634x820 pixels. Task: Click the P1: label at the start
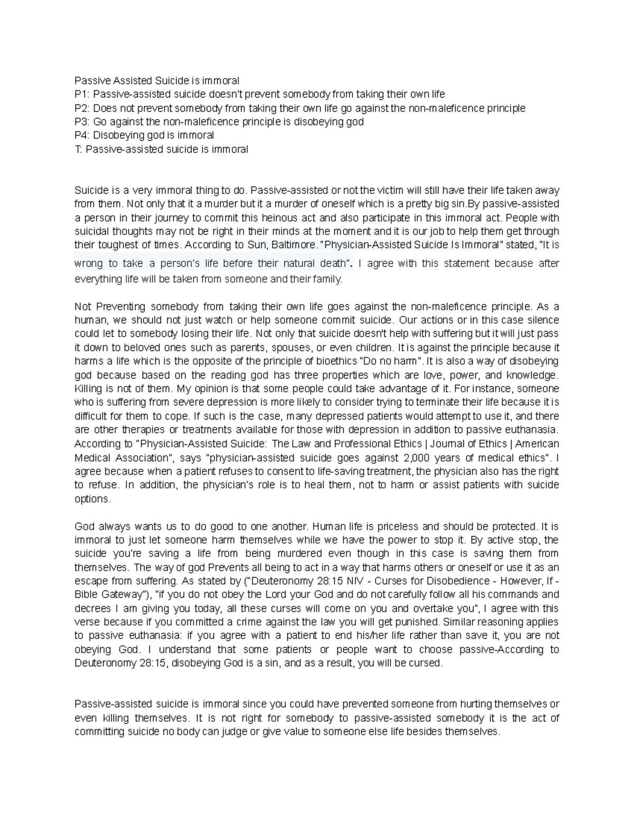tap(82, 95)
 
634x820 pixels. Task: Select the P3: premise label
tap(82, 122)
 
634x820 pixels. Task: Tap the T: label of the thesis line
tap(78, 149)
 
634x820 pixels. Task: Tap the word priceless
tap(398, 526)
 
